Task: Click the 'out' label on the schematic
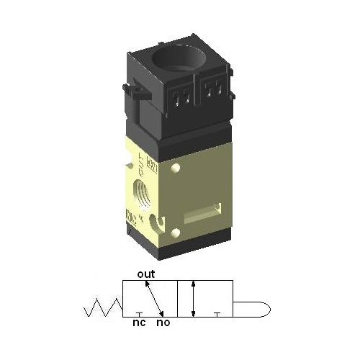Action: (x=146, y=274)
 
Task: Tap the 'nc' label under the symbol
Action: (x=139, y=323)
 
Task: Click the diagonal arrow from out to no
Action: (x=153, y=297)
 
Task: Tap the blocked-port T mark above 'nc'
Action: (x=138, y=315)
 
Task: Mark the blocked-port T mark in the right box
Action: (x=218, y=315)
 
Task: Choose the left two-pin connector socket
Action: (x=181, y=94)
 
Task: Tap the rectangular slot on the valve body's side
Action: (x=200, y=215)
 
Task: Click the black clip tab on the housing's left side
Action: (x=129, y=90)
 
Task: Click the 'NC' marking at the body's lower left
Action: (x=131, y=214)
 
